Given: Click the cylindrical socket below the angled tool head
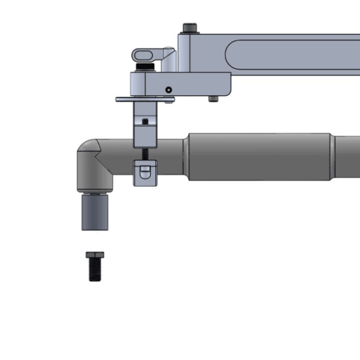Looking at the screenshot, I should click(95, 212).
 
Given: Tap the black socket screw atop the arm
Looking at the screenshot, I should click(190, 28).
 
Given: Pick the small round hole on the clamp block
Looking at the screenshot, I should click(168, 89).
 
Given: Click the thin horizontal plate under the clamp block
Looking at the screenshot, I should click(144, 99).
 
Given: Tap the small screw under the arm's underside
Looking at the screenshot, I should click(214, 99).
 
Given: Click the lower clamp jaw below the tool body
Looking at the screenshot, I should click(145, 173).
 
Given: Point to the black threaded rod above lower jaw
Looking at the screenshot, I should click(145, 154).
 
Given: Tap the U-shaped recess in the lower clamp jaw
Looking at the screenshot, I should click(145, 171).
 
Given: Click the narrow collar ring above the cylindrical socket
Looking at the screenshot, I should click(95, 192).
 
